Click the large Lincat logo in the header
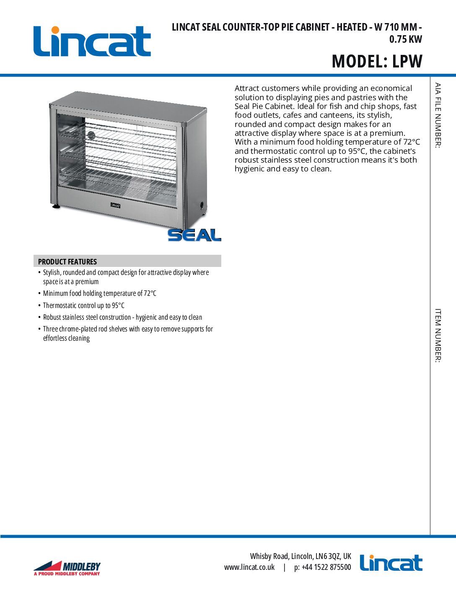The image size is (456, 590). tap(92, 41)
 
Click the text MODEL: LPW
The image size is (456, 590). tap(377, 61)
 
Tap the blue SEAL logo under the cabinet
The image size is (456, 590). tap(194, 235)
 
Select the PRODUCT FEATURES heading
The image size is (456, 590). tap(67, 261)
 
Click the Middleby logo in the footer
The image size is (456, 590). tap(67, 568)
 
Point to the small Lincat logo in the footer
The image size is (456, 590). tap(391, 563)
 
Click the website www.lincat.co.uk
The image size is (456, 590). tap(249, 567)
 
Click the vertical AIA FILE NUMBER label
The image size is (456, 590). tap(438, 115)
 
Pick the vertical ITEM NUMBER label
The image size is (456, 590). tap(438, 335)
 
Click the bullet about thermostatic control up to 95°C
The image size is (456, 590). tap(84, 305)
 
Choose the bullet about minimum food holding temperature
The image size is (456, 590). tap(99, 293)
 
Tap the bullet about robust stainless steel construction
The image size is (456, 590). tap(122, 317)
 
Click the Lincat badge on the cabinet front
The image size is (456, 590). tap(115, 205)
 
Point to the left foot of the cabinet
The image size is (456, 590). tap(56, 206)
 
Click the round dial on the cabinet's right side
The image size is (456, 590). tap(202, 205)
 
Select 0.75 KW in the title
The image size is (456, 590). tap(405, 39)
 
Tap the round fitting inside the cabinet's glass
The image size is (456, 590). tap(91, 135)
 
